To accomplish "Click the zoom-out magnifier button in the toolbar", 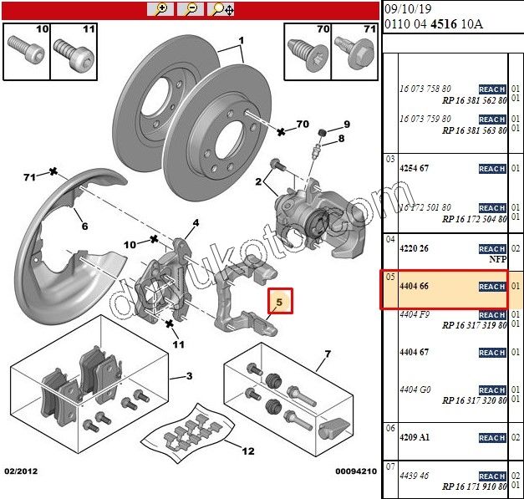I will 191,9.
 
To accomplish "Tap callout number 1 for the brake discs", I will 241,41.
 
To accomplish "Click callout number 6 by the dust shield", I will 84,226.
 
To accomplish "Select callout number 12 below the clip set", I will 248,451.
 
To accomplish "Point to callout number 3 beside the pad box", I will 189,376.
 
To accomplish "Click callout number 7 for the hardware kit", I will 328,355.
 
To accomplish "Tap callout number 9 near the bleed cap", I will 347,125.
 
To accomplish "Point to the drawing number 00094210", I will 356,471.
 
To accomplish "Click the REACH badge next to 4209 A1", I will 491,438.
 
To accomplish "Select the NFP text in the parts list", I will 499,260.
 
